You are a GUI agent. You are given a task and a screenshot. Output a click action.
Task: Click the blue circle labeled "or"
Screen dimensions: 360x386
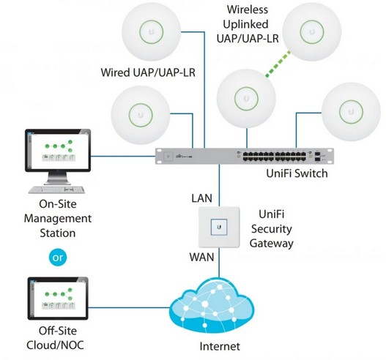[x=59, y=257]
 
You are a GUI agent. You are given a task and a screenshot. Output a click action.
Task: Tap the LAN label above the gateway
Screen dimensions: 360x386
[x=203, y=198]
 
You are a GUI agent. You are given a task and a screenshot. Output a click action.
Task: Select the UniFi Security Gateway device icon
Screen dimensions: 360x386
[x=218, y=227]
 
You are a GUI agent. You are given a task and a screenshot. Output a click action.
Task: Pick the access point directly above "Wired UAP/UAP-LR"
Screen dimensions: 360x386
[x=152, y=34]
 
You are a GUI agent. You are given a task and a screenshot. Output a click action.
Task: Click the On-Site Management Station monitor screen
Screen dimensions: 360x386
[x=57, y=151]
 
